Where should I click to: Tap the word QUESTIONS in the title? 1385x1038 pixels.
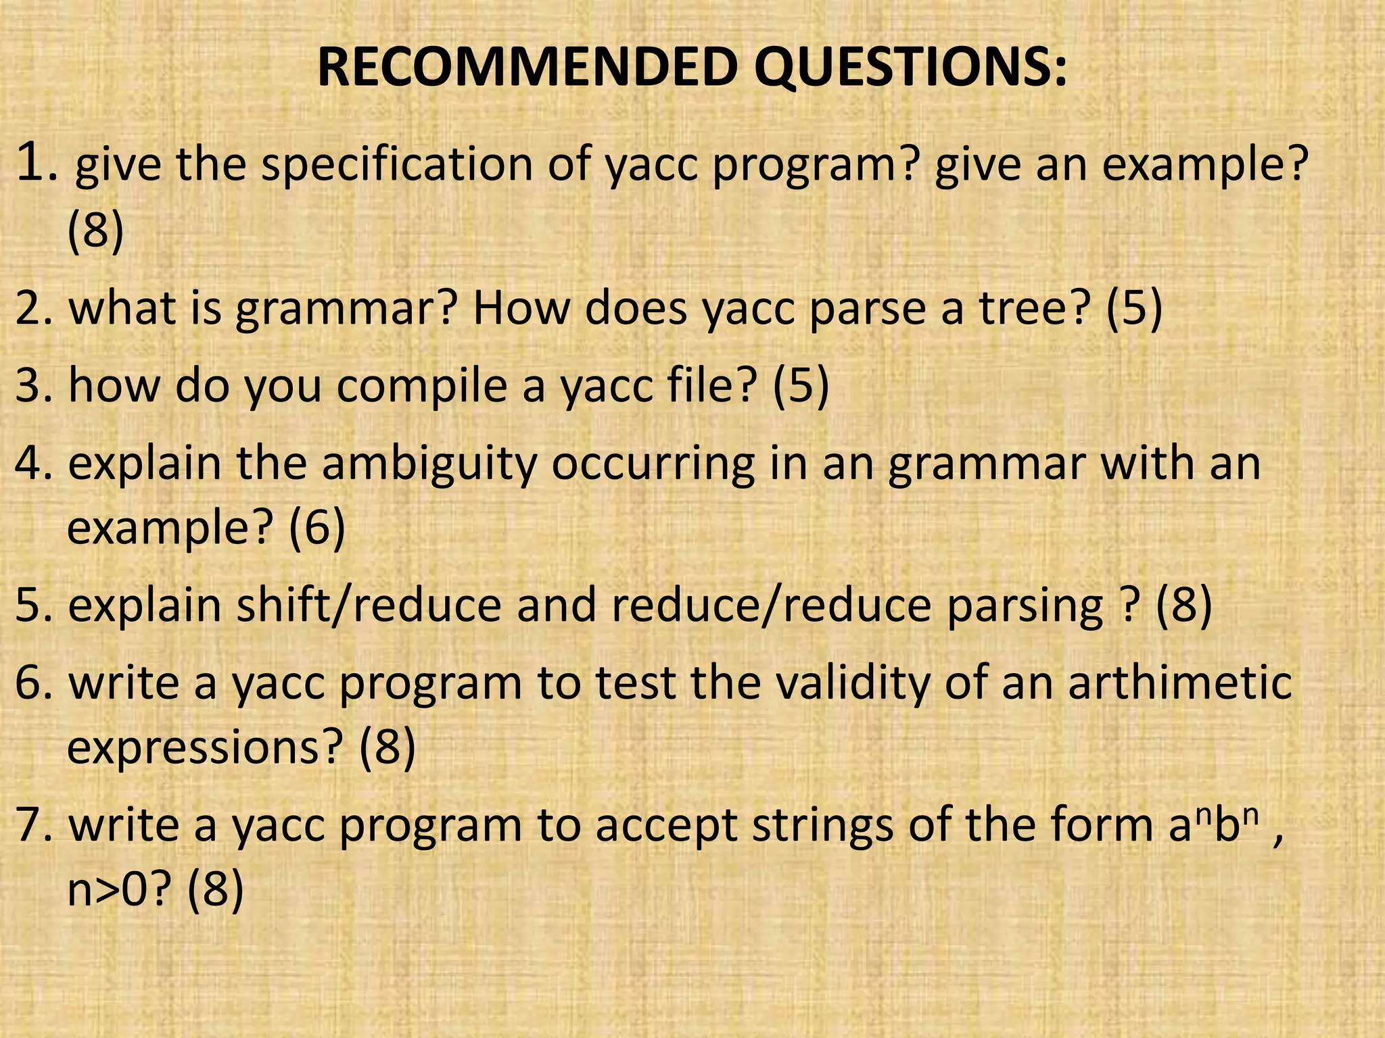[x=910, y=69]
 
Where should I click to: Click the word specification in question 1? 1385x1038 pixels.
[x=397, y=166]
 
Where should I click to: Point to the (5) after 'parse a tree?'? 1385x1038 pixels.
[x=1134, y=309]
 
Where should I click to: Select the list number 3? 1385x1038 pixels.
[x=34, y=385]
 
